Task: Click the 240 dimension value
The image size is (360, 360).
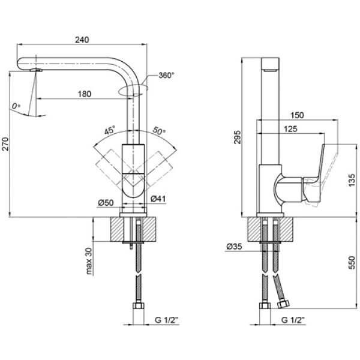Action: [82, 40]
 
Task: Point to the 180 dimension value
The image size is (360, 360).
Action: [85, 94]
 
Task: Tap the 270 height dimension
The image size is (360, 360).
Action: [5, 144]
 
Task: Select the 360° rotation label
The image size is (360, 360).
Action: [166, 76]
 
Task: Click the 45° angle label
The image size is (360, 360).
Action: [110, 130]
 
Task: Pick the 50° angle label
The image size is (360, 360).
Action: [159, 130]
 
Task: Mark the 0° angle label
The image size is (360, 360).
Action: [16, 106]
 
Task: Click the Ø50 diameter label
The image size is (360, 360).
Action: [106, 203]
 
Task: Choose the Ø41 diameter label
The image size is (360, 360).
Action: [158, 199]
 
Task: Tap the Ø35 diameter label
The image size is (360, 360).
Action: [234, 247]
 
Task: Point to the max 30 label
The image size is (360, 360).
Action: [89, 261]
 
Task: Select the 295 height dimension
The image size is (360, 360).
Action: [238, 137]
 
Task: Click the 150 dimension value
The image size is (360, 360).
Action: [297, 115]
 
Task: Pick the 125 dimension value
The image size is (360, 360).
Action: [290, 129]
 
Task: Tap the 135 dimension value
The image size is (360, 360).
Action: [352, 180]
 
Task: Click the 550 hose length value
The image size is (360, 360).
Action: [352, 263]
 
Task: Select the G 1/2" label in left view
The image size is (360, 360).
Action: [167, 320]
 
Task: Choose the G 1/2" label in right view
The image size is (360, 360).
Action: [293, 320]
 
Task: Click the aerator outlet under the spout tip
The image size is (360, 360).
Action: [36, 70]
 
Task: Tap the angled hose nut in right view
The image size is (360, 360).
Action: [283, 304]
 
